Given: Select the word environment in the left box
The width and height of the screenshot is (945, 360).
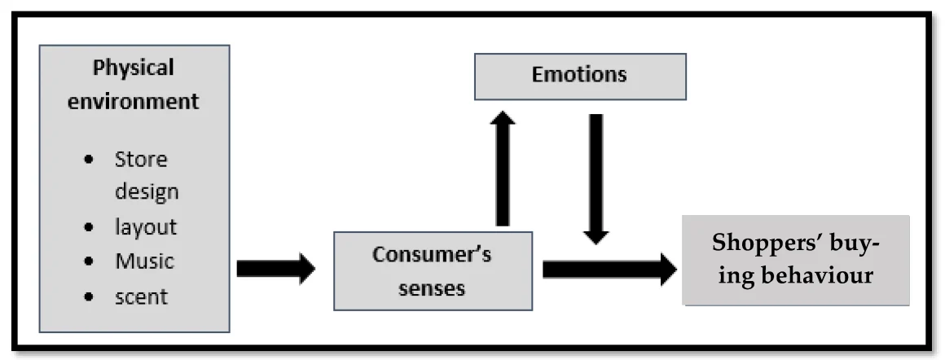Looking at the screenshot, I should click(145, 102).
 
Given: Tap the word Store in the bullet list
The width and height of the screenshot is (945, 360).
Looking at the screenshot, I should click(141, 159).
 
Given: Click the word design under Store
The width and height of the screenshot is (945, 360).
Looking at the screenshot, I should click(147, 192).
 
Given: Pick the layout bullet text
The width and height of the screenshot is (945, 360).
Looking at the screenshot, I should click(146, 227).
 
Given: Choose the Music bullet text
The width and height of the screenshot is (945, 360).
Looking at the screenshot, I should click(144, 261).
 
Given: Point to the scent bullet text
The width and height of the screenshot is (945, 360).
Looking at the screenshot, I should click(141, 296).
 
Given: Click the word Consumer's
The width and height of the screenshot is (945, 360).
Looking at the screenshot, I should click(432, 255).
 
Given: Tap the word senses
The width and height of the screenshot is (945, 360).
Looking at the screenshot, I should click(432, 288).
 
